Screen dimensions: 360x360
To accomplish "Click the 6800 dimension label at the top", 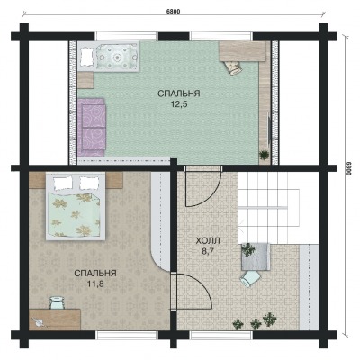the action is pyautogui.click(x=173, y=12).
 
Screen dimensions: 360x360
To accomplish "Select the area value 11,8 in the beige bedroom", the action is pyautogui.click(x=95, y=283).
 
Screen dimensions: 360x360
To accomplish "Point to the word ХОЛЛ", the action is pyautogui.click(x=208, y=240).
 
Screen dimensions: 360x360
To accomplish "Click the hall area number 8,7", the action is pyautogui.click(x=207, y=251).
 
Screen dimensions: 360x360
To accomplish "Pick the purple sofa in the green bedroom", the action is pyautogui.click(x=92, y=127).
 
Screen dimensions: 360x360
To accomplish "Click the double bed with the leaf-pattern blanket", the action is pyautogui.click(x=76, y=206).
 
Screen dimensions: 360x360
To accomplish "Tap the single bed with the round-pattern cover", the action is pyautogui.click(x=109, y=56).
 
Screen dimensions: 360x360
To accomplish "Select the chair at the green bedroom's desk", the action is pyautogui.click(x=233, y=67).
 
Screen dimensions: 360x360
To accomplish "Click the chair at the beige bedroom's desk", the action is pyautogui.click(x=57, y=302).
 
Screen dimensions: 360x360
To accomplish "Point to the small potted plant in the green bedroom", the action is pyautogui.click(x=264, y=155).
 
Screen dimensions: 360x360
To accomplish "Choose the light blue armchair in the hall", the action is pyautogui.click(x=250, y=278).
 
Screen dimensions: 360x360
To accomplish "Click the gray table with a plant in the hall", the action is pyautogui.click(x=256, y=256).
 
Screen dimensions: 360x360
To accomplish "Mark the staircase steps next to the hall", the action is pyautogui.click(x=268, y=208).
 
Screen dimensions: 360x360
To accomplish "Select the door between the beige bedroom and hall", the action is pyautogui.click(x=193, y=292).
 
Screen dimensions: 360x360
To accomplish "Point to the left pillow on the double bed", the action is pyautogui.click(x=63, y=182).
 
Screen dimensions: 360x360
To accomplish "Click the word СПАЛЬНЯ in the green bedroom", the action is pyautogui.click(x=179, y=94).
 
